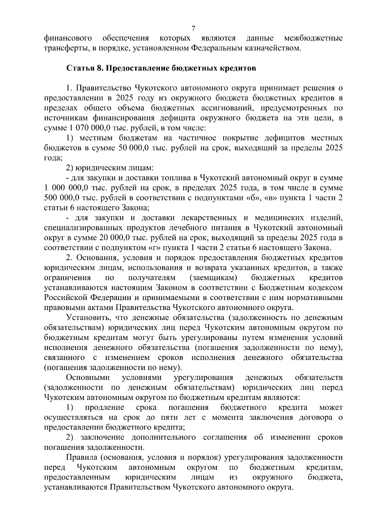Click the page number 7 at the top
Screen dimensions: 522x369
(x=193, y=29)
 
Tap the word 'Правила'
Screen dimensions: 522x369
(x=80, y=457)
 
